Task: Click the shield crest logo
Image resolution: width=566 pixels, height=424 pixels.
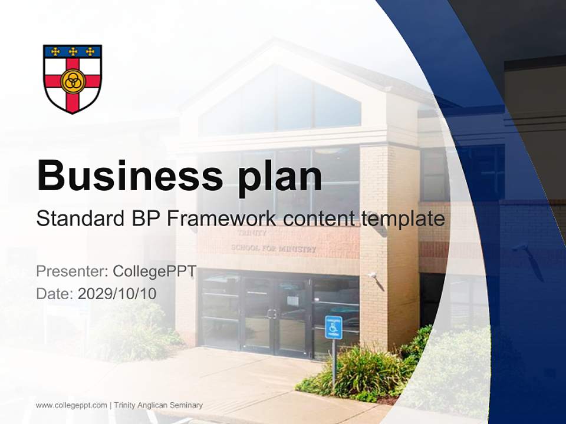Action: pos(73,78)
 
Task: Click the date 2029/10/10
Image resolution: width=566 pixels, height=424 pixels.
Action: pos(117,293)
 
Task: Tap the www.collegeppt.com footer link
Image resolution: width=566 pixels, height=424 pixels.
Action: pos(71,405)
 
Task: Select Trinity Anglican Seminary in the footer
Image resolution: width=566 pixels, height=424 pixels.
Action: pos(158,405)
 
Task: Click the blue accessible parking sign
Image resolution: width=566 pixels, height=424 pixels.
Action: pos(333,327)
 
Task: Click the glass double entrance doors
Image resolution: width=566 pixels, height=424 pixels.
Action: pos(273,315)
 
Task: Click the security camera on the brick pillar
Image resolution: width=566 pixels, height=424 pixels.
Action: pos(372,275)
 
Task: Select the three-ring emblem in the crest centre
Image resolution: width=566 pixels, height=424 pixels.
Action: pos(73,82)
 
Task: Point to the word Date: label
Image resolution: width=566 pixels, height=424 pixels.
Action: pos(55,293)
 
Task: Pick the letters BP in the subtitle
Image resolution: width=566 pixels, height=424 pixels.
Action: pos(149,219)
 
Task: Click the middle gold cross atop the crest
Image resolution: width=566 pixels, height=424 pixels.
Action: pos(73,51)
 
